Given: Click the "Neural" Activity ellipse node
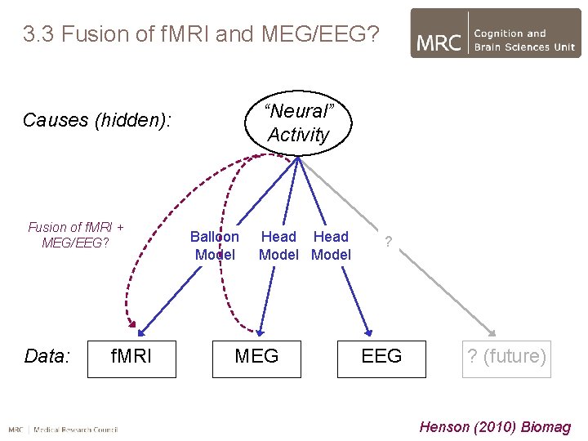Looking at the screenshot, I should point(298,123).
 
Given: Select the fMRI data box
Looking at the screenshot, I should point(131,356).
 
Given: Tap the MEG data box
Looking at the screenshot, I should point(256,356).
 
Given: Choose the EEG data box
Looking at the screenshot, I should point(381,356).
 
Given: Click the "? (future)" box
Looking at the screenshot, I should point(506,357).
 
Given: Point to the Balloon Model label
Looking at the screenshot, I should point(214,245).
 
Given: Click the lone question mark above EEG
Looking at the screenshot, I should point(388,242).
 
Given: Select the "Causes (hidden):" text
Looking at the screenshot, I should point(97,121).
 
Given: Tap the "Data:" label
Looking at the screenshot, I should point(47,356).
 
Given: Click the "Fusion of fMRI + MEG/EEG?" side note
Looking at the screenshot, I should point(75,235).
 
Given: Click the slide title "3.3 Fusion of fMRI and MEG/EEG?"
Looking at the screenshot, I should point(201,34).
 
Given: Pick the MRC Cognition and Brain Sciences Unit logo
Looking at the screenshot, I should point(496,33).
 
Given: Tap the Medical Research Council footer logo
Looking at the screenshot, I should point(63,430).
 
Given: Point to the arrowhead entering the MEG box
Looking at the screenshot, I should point(261,331).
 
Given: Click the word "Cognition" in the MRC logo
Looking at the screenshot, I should point(510,33).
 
